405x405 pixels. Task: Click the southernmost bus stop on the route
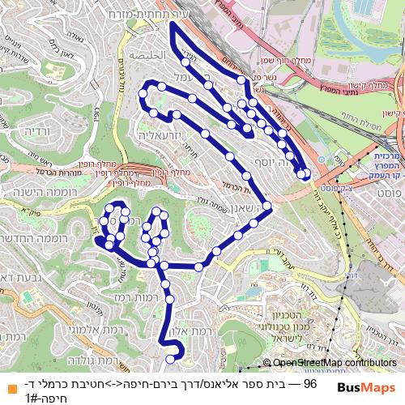pos(170,360)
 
